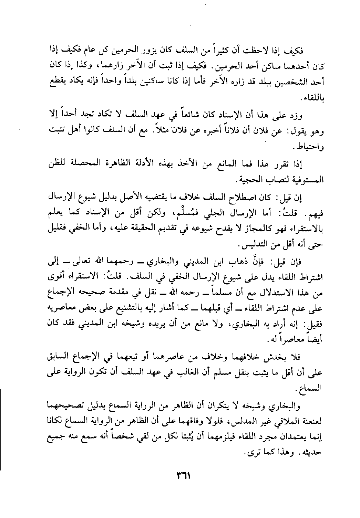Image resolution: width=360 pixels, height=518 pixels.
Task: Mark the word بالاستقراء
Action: pyautogui.click(x=305, y=229)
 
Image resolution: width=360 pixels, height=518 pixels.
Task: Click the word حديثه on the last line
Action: pyautogui.click(x=309, y=454)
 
